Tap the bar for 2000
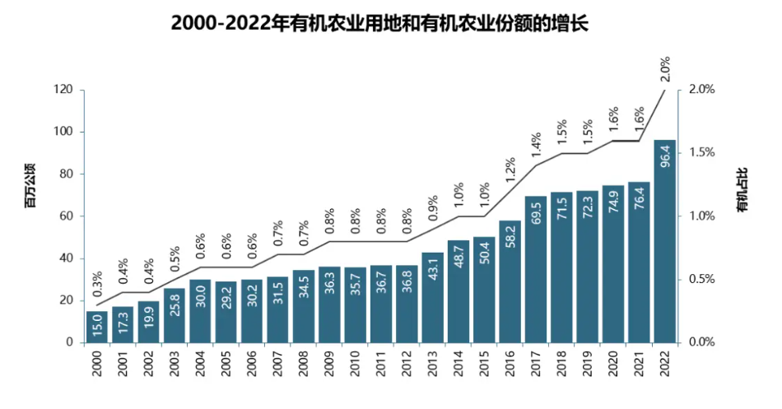pos(96,327)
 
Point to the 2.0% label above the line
pos(665,70)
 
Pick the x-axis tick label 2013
pos(432,363)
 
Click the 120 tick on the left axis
pos(63,90)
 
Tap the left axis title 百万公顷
pos(30,190)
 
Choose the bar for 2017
pos(536,269)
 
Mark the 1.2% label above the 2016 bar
pos(510,170)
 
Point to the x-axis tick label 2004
pos(200,363)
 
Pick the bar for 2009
pos(329,304)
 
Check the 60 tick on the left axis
pos(67,216)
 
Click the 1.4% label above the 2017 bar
pos(536,145)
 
